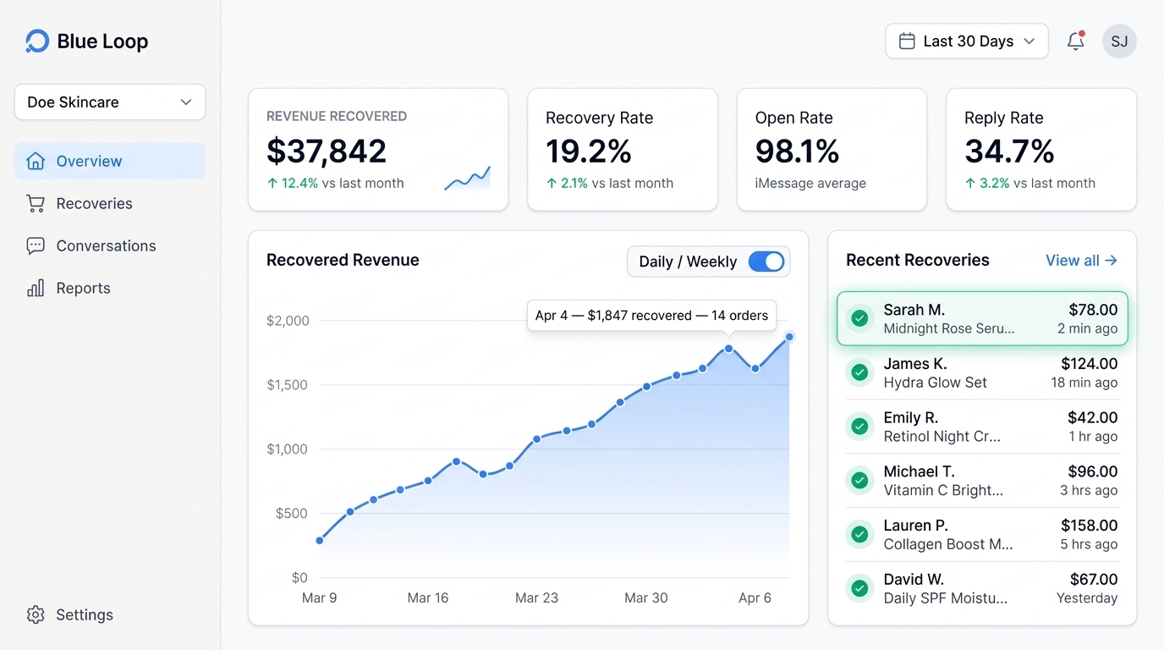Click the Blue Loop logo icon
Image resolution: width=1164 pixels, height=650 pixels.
(37, 41)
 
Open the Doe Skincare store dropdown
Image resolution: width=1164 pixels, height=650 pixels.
(110, 102)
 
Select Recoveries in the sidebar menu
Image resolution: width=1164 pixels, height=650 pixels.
(94, 203)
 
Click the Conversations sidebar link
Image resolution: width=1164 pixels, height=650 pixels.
(106, 245)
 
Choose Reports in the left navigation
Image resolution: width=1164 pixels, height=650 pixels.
(83, 288)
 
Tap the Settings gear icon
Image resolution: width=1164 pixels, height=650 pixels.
(36, 614)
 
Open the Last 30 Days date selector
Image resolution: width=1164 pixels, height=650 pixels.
(966, 41)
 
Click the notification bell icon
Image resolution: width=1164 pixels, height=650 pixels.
(1075, 41)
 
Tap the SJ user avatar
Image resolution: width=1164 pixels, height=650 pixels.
(1119, 41)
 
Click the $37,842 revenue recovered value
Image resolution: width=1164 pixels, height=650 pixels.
(327, 151)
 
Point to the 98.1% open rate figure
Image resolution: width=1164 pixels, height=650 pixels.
(797, 151)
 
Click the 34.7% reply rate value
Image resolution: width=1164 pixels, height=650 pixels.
(1009, 151)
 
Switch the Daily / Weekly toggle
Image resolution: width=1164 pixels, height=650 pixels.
(766, 262)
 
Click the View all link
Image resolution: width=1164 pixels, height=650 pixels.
(1081, 261)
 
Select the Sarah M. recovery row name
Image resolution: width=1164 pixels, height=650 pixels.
(914, 310)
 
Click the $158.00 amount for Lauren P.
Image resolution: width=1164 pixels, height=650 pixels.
(1089, 526)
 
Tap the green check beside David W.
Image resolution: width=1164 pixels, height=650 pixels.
(859, 588)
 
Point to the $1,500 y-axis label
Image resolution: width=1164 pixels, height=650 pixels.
(288, 385)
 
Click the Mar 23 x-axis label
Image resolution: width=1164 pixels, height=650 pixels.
(536, 598)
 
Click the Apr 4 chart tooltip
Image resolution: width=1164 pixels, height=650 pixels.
(651, 316)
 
